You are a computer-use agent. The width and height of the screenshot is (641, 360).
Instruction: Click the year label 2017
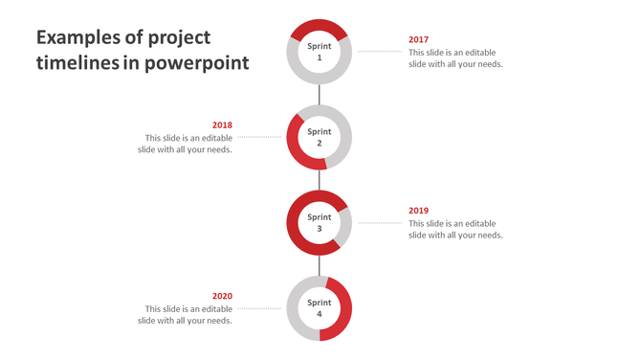[418, 40]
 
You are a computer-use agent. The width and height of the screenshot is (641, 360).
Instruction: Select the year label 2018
[222, 125]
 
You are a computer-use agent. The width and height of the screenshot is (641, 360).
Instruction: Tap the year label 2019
[418, 211]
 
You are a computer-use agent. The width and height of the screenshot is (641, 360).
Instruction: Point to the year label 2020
[222, 296]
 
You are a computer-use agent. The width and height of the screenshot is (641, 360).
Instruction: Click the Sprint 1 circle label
[320, 52]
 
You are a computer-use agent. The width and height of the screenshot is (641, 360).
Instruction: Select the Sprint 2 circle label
[320, 137]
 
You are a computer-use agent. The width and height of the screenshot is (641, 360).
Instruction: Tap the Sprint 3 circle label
[320, 222]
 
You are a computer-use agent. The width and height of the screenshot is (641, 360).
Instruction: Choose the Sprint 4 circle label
[320, 308]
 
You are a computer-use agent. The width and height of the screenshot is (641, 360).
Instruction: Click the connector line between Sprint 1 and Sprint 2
[320, 94]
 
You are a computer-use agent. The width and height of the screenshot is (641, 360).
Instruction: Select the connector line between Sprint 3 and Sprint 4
[320, 265]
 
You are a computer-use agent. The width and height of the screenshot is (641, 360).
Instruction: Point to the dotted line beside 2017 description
[380, 52]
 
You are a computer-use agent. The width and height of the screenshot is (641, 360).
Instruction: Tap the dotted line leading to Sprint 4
[259, 308]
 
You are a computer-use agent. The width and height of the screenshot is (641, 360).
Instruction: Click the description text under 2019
[455, 229]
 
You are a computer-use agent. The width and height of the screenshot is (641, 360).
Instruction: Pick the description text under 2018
[185, 144]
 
